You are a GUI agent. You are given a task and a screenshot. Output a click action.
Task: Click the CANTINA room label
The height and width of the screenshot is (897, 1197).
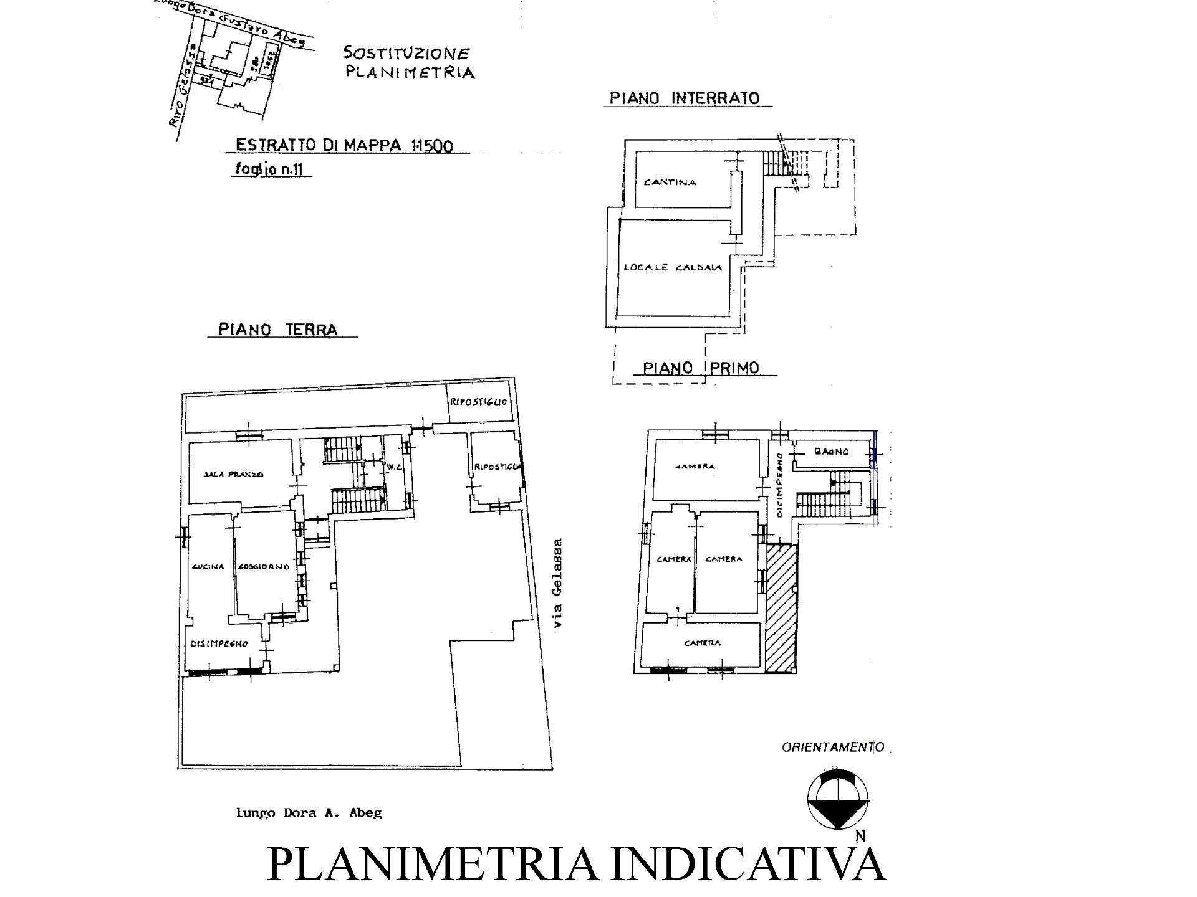(x=670, y=183)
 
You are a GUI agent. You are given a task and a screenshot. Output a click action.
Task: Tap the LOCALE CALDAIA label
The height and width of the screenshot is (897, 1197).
(x=673, y=268)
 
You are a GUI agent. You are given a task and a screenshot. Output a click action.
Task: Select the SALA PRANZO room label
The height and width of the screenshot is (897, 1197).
(x=234, y=474)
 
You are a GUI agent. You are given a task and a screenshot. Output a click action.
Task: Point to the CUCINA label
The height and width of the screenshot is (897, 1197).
(x=208, y=566)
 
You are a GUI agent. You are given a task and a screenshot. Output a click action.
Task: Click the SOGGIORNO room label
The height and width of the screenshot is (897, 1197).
(x=263, y=567)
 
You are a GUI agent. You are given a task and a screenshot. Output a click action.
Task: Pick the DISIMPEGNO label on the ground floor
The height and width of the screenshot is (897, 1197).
(x=219, y=643)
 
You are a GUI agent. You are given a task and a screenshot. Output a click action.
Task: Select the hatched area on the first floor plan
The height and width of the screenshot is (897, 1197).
(x=781, y=607)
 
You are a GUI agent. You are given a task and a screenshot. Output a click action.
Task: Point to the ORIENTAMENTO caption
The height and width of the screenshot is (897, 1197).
(x=833, y=747)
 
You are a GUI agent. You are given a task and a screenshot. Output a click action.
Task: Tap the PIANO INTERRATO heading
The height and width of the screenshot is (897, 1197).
(x=685, y=98)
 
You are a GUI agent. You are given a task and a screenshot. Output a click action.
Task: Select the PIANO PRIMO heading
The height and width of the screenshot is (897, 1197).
(x=701, y=368)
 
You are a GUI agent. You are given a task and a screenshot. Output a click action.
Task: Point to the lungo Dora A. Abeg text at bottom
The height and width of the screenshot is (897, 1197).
(x=309, y=812)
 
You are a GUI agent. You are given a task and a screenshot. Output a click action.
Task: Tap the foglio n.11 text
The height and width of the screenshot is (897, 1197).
(x=272, y=168)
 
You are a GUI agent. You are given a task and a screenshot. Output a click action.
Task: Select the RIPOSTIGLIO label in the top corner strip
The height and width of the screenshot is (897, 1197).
(x=478, y=402)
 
